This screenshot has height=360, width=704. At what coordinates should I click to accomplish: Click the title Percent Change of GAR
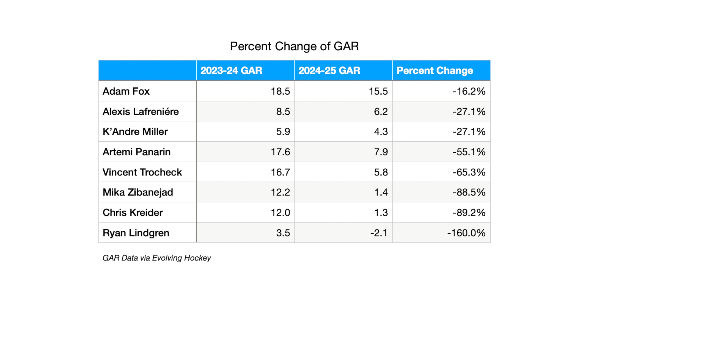coord(294,46)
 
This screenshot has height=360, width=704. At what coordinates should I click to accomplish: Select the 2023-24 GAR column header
coord(231,71)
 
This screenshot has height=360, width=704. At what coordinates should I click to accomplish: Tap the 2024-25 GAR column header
coord(329,71)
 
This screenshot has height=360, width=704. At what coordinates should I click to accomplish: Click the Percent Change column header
coord(435,71)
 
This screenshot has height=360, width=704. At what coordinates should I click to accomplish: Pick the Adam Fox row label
coord(126,91)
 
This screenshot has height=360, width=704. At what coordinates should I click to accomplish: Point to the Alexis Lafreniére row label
coord(141,111)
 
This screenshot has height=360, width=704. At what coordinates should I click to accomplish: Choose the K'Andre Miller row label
coord(135,132)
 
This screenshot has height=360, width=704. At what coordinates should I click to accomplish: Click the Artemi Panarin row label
coord(136,152)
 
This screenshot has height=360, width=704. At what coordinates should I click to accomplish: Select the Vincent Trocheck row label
coord(142,172)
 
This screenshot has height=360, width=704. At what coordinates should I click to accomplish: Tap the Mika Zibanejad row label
coord(138,193)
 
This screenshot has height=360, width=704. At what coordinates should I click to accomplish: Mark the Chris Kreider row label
coord(133,213)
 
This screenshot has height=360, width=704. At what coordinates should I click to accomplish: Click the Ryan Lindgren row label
coord(136,233)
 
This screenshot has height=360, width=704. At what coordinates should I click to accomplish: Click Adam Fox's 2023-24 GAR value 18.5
coord(280,91)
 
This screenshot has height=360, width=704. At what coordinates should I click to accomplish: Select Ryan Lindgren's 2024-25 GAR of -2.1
coord(379,233)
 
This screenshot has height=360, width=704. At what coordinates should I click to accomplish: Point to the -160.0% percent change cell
coord(466,233)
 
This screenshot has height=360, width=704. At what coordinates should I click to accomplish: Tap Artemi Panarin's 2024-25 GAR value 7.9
coord(381,152)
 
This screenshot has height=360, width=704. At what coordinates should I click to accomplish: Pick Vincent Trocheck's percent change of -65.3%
coord(469,172)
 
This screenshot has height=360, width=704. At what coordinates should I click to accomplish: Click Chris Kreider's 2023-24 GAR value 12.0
coord(280,213)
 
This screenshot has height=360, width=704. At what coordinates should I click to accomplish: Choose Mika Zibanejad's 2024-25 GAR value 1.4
coord(381,192)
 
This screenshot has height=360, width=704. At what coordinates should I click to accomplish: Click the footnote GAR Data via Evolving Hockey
coord(156,258)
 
